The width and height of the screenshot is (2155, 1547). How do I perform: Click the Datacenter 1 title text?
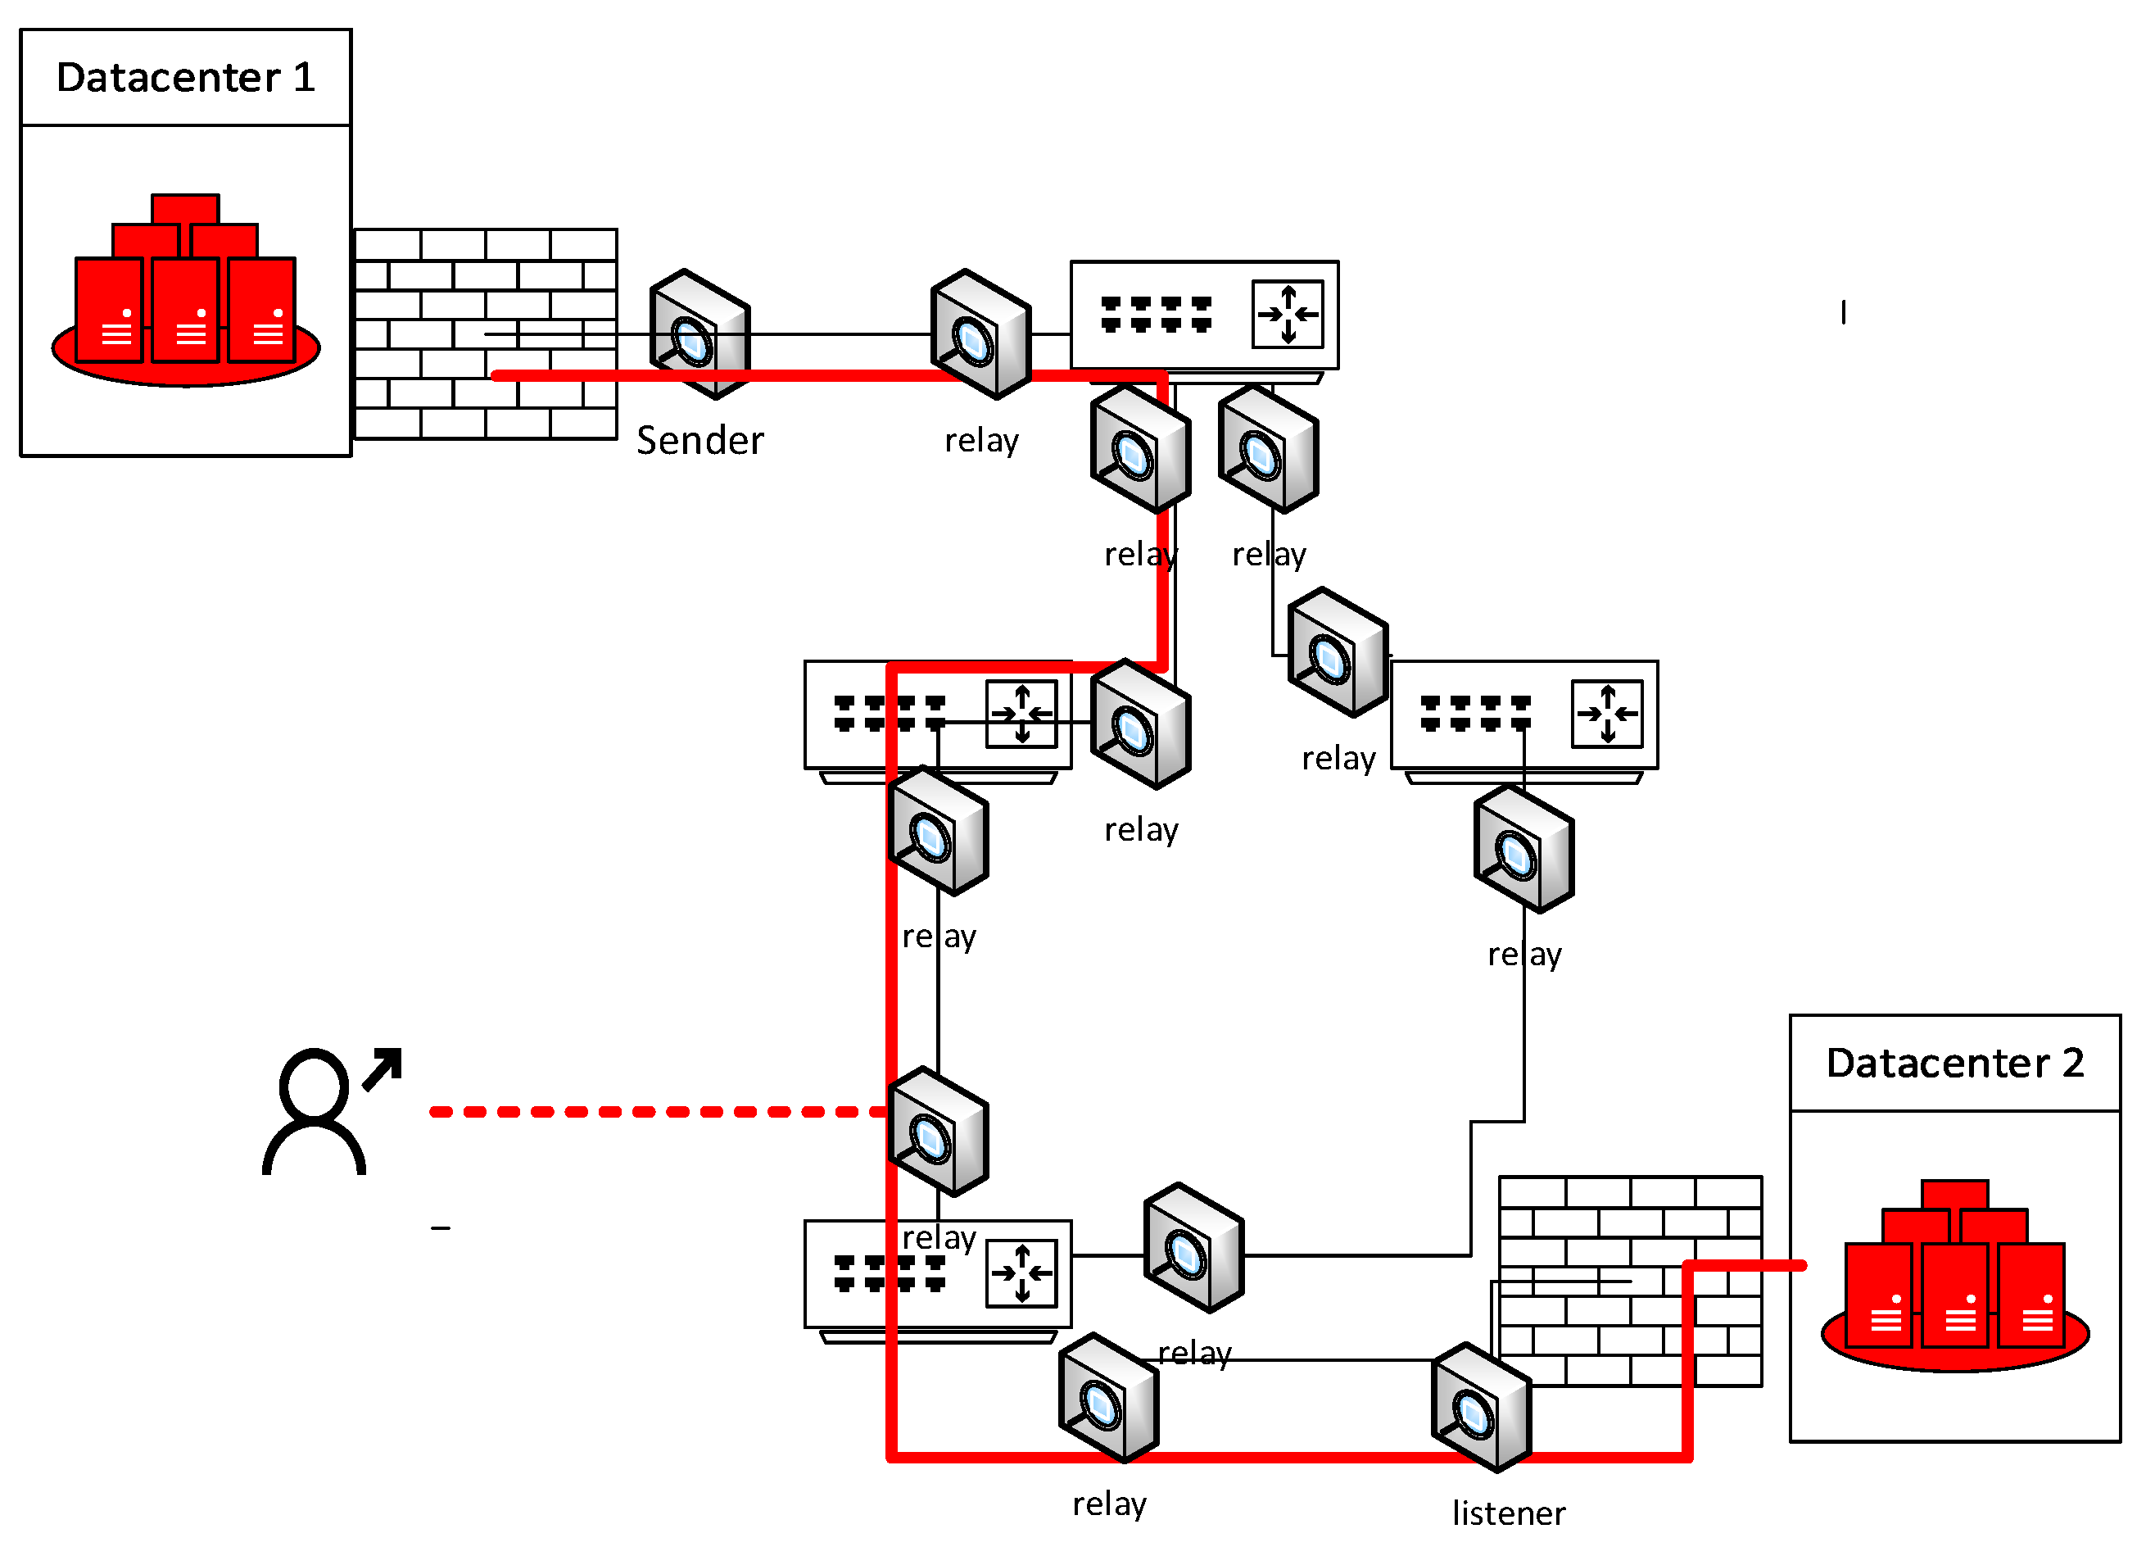pos(185,78)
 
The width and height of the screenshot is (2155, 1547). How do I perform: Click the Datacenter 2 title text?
pos(1954,1064)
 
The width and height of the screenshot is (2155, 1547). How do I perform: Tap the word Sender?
pos(699,441)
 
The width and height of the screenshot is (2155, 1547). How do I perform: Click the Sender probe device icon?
pos(700,334)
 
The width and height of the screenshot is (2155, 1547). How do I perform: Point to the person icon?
pos(314,1112)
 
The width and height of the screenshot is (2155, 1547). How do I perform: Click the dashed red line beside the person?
pos(655,1112)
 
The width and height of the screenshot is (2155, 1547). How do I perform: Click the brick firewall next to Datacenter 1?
pos(486,334)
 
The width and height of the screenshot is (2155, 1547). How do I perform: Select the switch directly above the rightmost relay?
pos(1524,715)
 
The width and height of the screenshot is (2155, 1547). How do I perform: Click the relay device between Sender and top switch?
pos(980,334)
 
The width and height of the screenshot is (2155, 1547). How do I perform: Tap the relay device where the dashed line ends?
pos(939,1132)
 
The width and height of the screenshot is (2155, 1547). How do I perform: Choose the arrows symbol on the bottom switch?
pos(1021,1273)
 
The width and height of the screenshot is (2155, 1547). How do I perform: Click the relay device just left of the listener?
pos(1109,1398)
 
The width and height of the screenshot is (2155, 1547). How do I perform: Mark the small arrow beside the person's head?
pos(384,1069)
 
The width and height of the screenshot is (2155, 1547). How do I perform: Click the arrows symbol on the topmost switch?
pos(1288,314)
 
